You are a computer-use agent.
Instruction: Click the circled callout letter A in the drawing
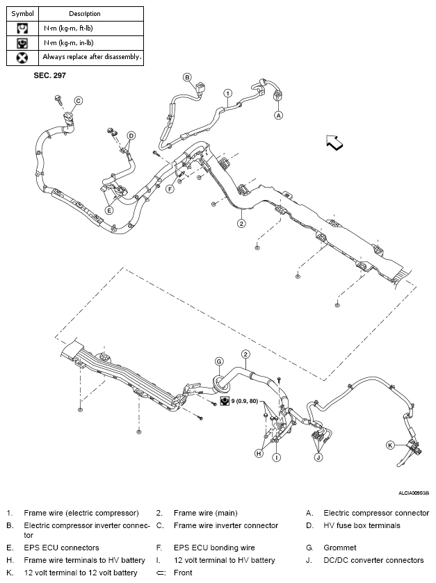click(x=278, y=115)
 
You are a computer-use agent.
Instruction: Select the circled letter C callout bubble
click(x=79, y=101)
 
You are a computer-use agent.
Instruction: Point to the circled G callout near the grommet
click(x=219, y=361)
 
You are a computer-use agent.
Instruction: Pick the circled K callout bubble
click(x=390, y=445)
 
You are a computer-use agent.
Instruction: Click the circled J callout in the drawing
click(x=318, y=457)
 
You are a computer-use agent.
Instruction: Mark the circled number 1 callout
click(x=227, y=92)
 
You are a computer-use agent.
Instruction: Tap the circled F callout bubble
click(x=170, y=188)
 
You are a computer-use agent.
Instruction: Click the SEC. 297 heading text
click(x=50, y=74)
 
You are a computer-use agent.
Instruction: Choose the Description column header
click(x=85, y=13)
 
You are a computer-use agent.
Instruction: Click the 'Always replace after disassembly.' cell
click(x=92, y=57)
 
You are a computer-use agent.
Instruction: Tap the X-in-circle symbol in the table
click(x=22, y=57)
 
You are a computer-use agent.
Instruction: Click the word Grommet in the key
click(x=340, y=548)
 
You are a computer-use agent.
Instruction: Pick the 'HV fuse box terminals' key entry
click(x=362, y=525)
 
